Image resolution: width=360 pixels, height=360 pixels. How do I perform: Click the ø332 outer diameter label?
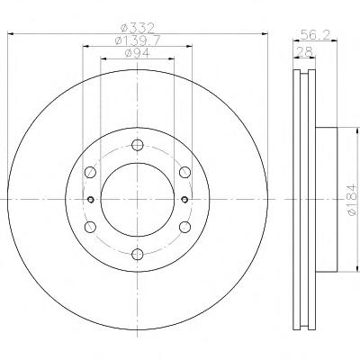138,28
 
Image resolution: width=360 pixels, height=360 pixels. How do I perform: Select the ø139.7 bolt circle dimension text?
138,40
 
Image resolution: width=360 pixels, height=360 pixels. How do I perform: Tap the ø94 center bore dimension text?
138,53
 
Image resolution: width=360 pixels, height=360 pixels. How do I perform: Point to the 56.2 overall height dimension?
315,35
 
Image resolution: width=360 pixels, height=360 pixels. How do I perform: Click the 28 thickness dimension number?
304,51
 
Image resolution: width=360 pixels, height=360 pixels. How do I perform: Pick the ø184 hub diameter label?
352,200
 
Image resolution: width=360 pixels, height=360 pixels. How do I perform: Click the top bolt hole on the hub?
138,145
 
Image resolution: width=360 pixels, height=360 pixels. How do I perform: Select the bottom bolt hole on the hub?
138,254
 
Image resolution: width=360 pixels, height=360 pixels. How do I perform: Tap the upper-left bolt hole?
90,172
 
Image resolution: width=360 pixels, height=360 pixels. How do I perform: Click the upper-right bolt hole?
184,172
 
